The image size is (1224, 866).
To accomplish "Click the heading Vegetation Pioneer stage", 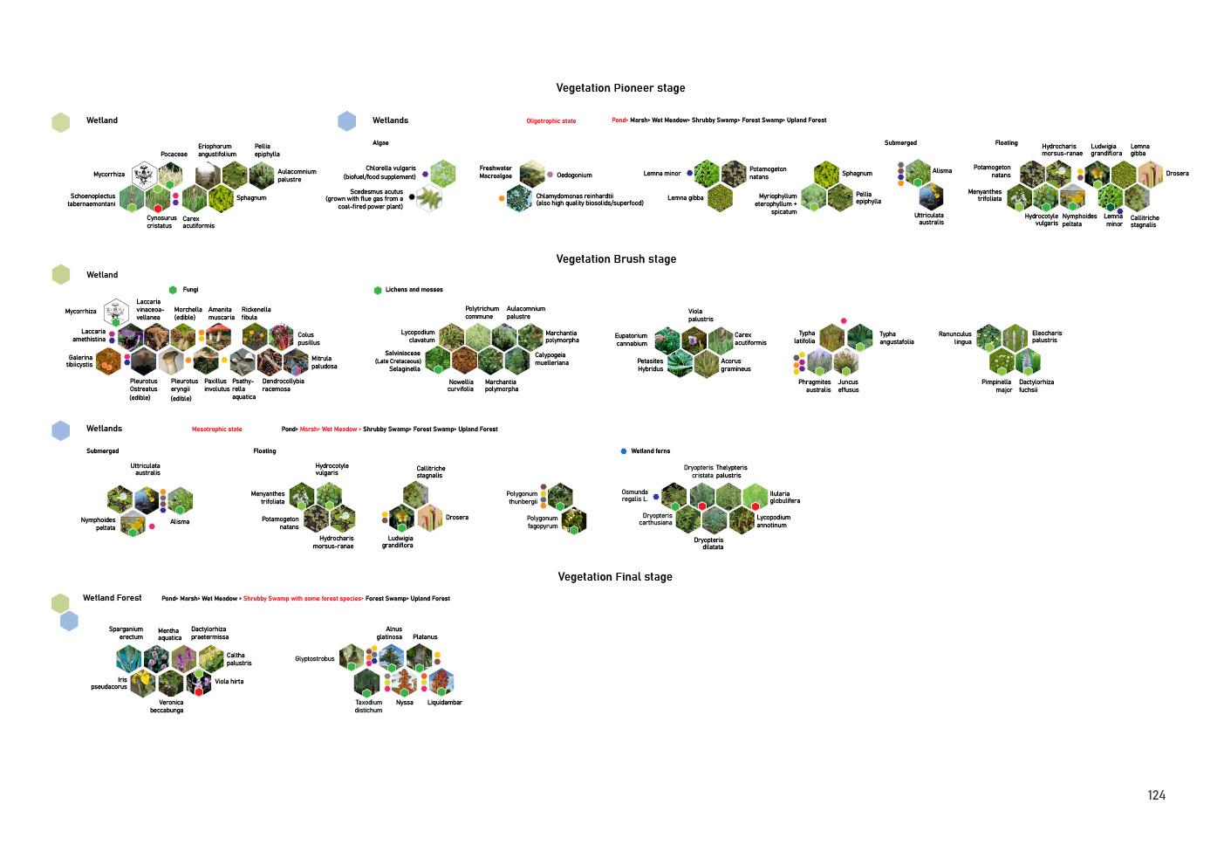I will tap(620, 88).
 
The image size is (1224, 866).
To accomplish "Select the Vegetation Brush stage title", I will tap(616, 259).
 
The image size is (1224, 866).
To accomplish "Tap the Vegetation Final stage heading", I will tap(615, 577).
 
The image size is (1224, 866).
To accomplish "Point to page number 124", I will tap(1156, 795).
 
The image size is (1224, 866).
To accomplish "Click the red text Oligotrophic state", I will tap(550, 121).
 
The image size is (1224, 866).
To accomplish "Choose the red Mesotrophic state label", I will tap(216, 430).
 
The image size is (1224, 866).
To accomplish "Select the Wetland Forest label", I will tap(112, 598).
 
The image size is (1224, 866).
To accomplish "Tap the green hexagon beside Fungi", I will tap(173, 290).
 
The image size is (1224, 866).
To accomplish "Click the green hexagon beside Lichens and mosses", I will tap(378, 290).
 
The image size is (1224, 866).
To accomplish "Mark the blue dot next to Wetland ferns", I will tap(623, 451).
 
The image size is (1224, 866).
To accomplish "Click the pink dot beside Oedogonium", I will tap(550, 175).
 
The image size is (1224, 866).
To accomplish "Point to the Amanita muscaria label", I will tap(221, 313).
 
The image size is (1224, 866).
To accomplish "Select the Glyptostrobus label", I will tap(314, 659).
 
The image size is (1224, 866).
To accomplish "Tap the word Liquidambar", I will tap(444, 703).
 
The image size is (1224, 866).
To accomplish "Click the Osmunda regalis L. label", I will tap(634, 496).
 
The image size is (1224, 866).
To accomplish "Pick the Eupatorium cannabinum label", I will tap(631, 340).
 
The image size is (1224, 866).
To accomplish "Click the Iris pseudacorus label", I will tap(109, 683).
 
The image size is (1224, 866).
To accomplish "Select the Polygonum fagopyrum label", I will tap(542, 522).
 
